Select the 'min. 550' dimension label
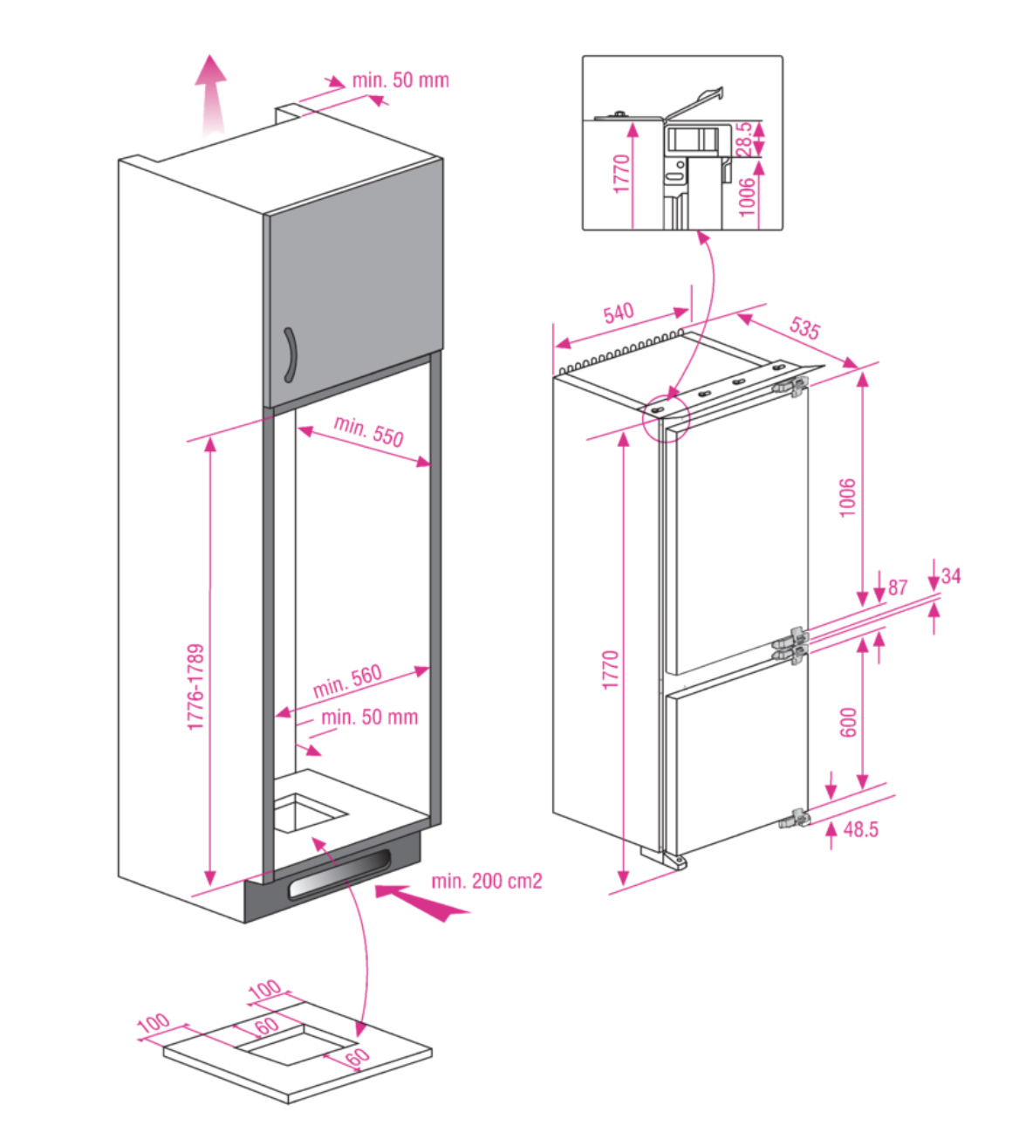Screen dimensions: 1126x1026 pos(369,431)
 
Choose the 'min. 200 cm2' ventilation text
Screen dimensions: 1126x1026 pos(486,881)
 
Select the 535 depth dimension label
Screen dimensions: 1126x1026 pos(804,327)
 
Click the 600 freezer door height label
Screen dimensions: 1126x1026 pos(848,723)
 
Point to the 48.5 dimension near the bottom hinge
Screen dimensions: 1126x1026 pos(860,829)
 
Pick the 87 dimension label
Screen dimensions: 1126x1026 pos(898,587)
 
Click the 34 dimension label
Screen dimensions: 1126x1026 pos(951,576)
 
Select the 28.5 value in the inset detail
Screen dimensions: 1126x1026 pos(744,138)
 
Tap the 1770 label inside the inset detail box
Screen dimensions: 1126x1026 pos(620,175)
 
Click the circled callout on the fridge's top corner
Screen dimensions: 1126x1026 pos(661,422)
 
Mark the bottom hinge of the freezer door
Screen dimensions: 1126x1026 pos(795,819)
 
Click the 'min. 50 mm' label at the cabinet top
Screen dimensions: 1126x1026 pos(400,80)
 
